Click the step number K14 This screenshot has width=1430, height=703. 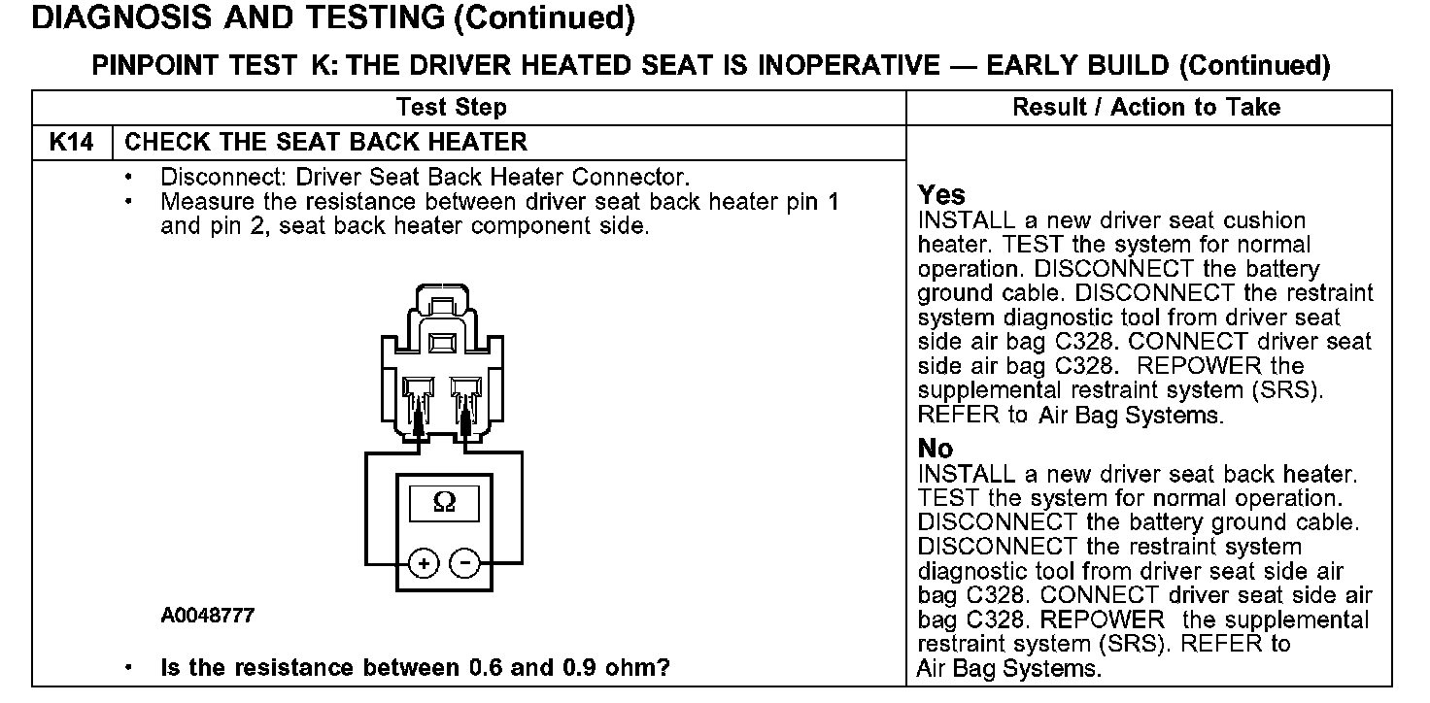click(x=72, y=143)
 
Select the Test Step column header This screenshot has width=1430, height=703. click(x=452, y=107)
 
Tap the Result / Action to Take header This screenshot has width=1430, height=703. click(x=1146, y=107)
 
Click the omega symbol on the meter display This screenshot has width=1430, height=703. click(x=443, y=503)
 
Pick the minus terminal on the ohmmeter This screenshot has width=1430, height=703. click(x=465, y=563)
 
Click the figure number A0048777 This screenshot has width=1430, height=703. click(x=208, y=616)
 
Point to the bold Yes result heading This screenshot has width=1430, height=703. click(x=941, y=196)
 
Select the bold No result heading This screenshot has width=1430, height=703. click(x=936, y=449)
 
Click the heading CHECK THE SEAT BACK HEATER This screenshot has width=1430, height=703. click(x=326, y=143)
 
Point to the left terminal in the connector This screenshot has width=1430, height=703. click(x=419, y=403)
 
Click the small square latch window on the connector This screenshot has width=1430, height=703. click(x=442, y=342)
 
